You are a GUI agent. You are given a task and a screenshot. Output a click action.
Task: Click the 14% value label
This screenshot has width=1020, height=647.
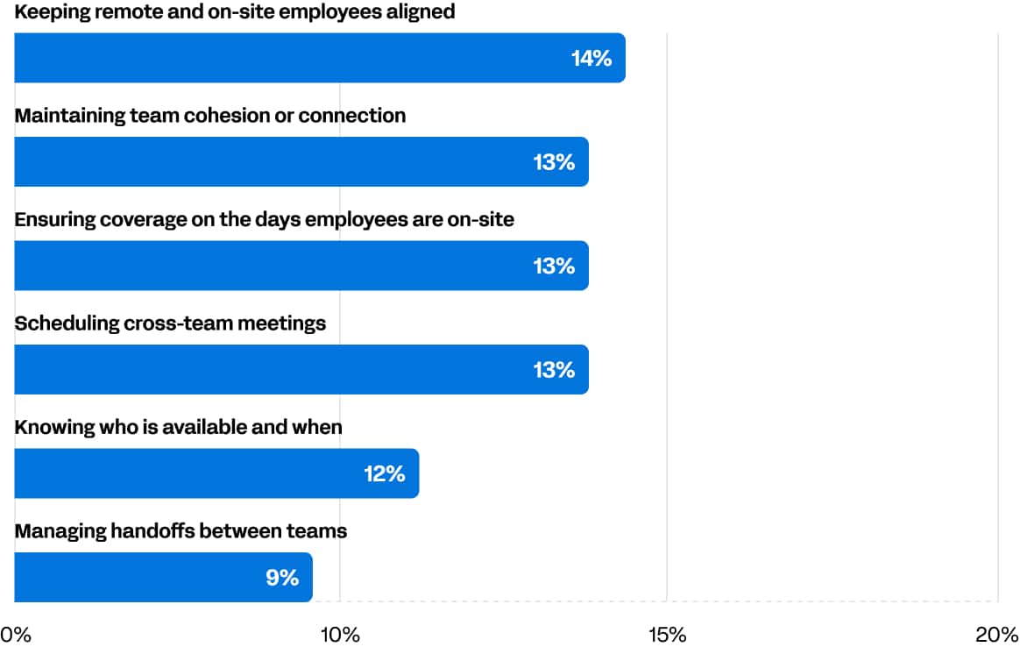click(x=591, y=59)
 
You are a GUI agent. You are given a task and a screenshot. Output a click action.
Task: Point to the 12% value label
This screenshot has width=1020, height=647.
click(x=384, y=474)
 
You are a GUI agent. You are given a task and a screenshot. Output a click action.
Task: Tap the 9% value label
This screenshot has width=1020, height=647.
click(x=282, y=578)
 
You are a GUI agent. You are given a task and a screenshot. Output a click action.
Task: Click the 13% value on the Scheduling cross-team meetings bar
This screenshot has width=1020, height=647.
click(x=554, y=370)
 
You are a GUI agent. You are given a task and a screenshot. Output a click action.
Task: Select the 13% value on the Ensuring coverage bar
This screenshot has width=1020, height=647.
click(x=554, y=266)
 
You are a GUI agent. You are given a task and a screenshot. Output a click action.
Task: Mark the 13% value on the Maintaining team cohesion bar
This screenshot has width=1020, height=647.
click(x=554, y=162)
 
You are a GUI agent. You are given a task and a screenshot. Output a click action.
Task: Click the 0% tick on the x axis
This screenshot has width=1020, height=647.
click(x=16, y=634)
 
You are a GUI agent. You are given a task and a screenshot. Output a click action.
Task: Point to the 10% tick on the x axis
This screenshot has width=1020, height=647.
click(x=340, y=634)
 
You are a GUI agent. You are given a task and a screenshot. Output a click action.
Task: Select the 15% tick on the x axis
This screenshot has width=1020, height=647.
click(x=667, y=634)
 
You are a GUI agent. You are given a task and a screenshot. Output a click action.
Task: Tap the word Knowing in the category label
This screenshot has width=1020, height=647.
click(x=47, y=427)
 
